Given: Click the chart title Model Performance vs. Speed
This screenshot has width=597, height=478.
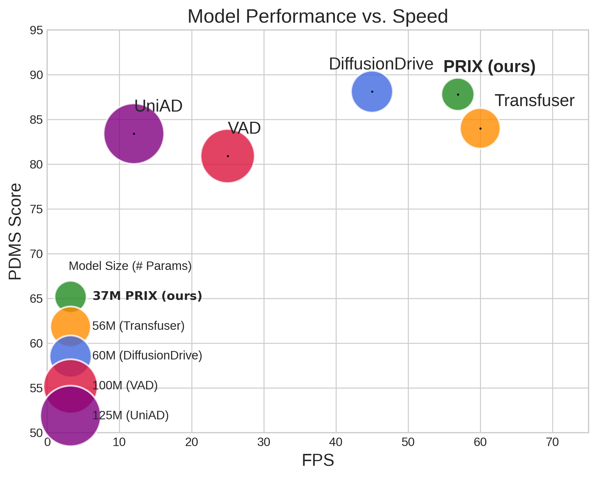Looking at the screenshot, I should pos(317,17).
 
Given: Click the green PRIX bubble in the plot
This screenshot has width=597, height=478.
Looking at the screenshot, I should pos(458,94).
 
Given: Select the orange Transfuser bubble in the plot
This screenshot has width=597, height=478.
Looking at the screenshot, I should pos(480,128).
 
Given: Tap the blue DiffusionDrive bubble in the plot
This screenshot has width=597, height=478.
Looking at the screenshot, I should pos(372,92).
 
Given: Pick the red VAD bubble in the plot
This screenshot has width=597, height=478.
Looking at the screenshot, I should pos(228,156).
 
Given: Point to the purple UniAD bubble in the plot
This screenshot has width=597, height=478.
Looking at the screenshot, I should pos(134,134).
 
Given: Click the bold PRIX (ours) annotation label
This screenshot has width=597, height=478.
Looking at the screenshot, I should pos(489,67).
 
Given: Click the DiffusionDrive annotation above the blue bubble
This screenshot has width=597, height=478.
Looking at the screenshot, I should pos(381,64).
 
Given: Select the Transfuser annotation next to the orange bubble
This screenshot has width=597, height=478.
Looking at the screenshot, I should pos(534,101).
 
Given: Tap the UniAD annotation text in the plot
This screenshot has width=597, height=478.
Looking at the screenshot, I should pos(158,106).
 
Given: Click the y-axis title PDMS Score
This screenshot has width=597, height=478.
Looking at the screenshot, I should pos(15,231).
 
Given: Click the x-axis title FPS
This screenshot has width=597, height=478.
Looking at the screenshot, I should pos(318,461).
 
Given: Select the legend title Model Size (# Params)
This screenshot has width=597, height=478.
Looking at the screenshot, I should pos(130,266).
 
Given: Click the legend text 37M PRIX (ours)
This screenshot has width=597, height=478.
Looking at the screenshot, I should pos(147,296).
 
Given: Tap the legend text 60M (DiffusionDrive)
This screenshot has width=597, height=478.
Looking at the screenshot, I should pos(147,356).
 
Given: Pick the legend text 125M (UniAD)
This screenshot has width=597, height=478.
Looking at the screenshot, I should pos(130,416).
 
